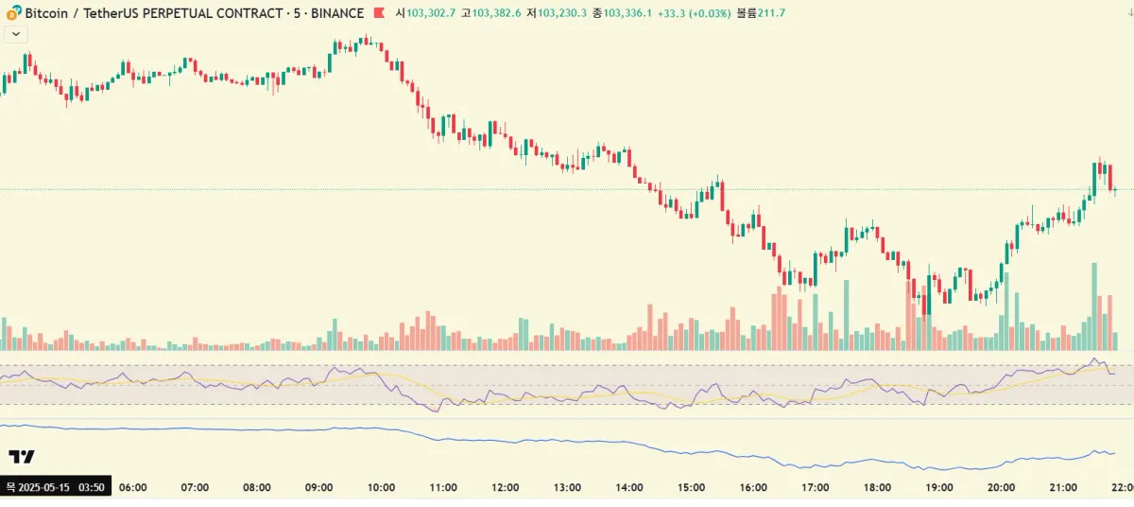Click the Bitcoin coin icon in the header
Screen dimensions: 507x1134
(x=13, y=13)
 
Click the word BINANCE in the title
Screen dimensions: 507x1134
(x=336, y=13)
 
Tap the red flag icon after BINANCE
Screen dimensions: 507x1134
(x=379, y=13)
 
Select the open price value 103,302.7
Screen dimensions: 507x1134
(x=431, y=13)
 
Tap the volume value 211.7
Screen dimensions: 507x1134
(x=772, y=13)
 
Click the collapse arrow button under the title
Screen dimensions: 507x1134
(x=16, y=33)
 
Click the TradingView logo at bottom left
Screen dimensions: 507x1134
(x=22, y=457)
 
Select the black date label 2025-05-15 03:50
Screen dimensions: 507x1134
(x=56, y=487)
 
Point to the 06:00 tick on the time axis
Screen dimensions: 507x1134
(x=133, y=487)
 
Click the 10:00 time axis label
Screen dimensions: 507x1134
(x=381, y=487)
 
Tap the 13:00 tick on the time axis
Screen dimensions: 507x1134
(x=567, y=487)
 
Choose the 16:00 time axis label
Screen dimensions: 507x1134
(x=753, y=487)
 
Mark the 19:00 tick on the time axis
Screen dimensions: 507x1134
(x=939, y=487)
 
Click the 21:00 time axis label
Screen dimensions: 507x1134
(x=1063, y=487)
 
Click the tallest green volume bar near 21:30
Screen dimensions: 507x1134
(x=1094, y=307)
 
